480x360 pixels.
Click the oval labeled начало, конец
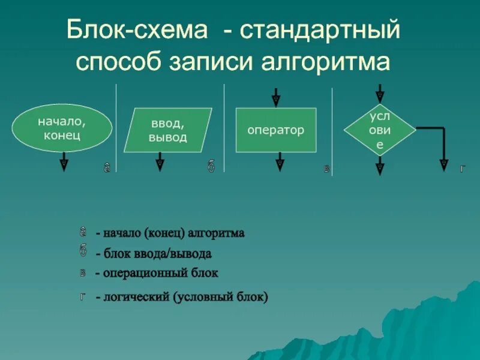62,127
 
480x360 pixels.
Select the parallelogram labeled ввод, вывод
168,130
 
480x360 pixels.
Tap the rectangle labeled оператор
276,130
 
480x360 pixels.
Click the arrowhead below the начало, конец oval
64,162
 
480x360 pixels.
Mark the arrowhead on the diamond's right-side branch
444,163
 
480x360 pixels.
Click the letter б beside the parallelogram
211,167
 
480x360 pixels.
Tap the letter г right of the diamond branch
462,169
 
